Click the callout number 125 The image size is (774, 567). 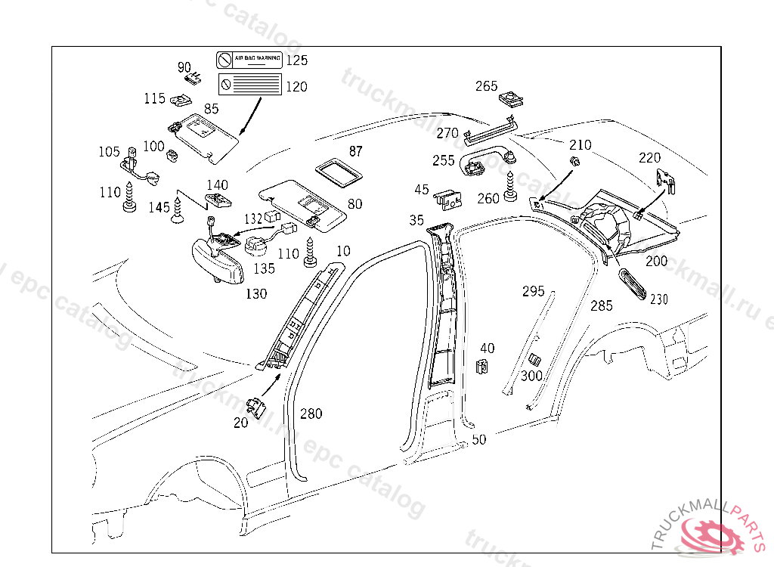[297, 60]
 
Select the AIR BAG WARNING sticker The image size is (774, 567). [249, 58]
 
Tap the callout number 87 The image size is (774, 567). [355, 151]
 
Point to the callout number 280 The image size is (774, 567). [311, 414]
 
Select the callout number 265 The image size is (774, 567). [487, 86]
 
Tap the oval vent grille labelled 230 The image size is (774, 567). [633, 283]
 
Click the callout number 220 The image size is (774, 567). [649, 158]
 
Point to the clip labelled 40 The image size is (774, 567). [481, 367]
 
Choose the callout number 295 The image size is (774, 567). [534, 291]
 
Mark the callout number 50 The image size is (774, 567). [478, 439]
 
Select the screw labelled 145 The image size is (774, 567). [178, 210]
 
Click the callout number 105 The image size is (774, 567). [109, 152]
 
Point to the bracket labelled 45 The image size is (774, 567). [447, 198]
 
